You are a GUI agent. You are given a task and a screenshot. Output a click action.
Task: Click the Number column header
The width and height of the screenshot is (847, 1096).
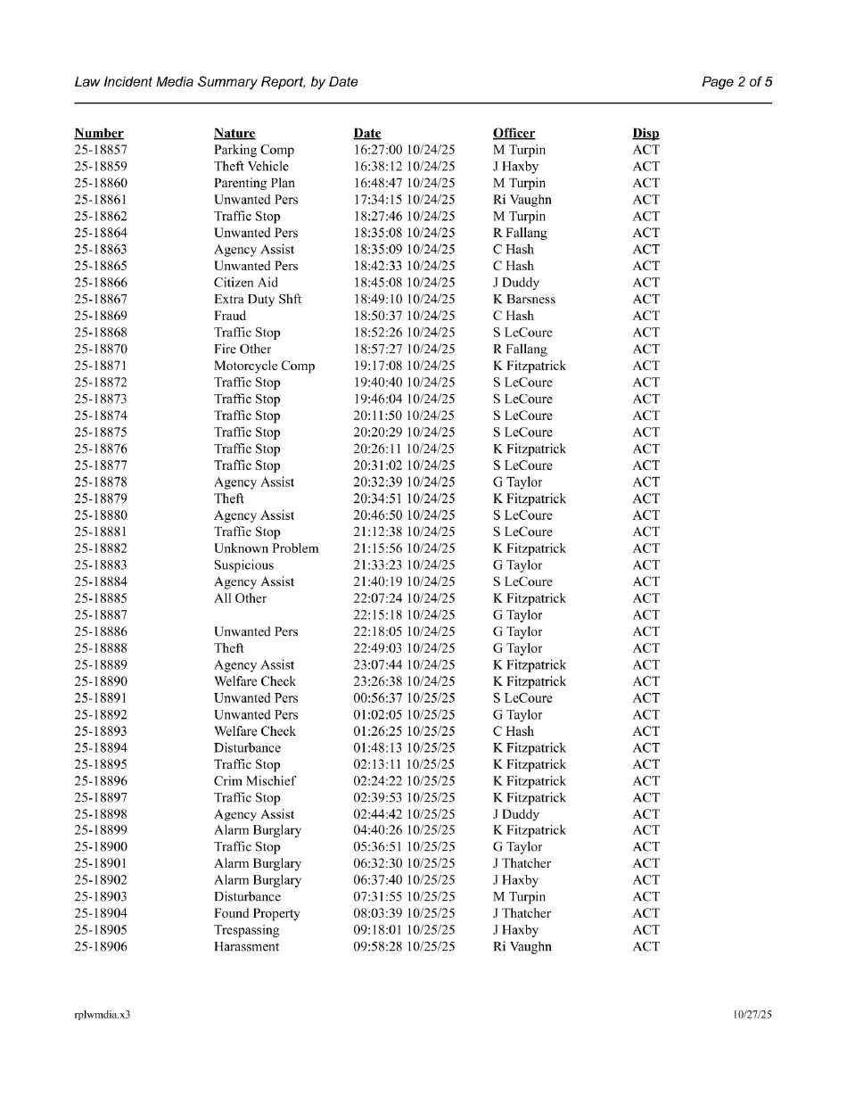tap(99, 134)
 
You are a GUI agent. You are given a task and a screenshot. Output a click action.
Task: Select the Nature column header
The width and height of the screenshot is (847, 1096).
tap(234, 134)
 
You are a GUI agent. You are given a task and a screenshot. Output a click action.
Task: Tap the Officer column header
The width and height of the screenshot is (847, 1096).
tap(514, 134)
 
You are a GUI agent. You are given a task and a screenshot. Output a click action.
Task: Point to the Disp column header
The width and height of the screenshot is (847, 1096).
tap(646, 134)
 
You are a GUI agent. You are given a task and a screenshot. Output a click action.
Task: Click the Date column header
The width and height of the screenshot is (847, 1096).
tap(367, 134)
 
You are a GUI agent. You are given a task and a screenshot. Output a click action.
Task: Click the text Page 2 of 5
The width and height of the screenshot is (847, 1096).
tap(736, 82)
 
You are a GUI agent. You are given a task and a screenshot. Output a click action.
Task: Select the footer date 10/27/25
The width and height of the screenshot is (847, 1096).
tap(752, 1015)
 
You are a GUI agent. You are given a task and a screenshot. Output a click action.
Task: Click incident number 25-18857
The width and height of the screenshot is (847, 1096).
tap(101, 150)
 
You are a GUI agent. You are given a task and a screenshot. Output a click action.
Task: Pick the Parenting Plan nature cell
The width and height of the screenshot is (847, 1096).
tap(254, 184)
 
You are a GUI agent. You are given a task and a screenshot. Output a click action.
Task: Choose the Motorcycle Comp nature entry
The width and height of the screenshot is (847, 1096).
tap(264, 367)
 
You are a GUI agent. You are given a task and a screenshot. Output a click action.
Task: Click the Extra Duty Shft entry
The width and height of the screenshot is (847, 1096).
tap(258, 300)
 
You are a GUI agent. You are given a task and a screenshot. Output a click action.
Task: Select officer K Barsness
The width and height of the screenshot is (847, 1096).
tap(524, 300)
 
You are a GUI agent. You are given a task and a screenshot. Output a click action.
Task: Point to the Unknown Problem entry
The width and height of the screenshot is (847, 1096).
tap(266, 549)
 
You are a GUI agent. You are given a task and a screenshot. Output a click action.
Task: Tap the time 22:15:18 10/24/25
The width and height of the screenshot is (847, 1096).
tap(404, 615)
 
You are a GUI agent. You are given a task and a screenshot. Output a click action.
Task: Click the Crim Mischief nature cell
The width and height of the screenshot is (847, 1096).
tap(255, 781)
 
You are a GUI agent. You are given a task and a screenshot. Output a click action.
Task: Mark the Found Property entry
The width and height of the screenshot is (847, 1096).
tap(257, 914)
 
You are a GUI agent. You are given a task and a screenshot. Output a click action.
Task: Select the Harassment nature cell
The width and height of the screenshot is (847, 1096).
tap(246, 947)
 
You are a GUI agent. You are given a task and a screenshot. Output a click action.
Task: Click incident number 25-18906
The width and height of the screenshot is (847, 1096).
tap(101, 947)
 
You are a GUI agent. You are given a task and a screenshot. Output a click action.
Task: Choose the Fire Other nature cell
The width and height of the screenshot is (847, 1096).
tap(243, 350)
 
